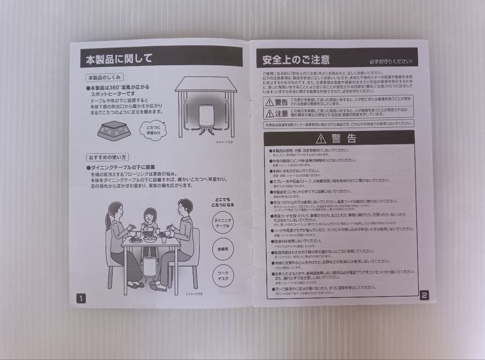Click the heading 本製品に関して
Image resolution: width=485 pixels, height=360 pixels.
119,59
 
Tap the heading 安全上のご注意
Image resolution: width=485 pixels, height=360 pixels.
296,59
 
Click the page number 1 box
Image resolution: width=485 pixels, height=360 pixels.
80,298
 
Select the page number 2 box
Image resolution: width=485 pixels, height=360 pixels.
424,295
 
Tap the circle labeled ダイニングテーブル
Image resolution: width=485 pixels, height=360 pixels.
223,223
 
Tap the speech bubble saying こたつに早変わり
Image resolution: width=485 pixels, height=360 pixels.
153,130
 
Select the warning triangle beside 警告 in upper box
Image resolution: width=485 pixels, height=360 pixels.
269,102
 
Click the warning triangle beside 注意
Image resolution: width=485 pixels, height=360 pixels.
269,112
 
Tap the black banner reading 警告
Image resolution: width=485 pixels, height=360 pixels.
339,138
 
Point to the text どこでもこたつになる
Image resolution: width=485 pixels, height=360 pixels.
223,201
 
